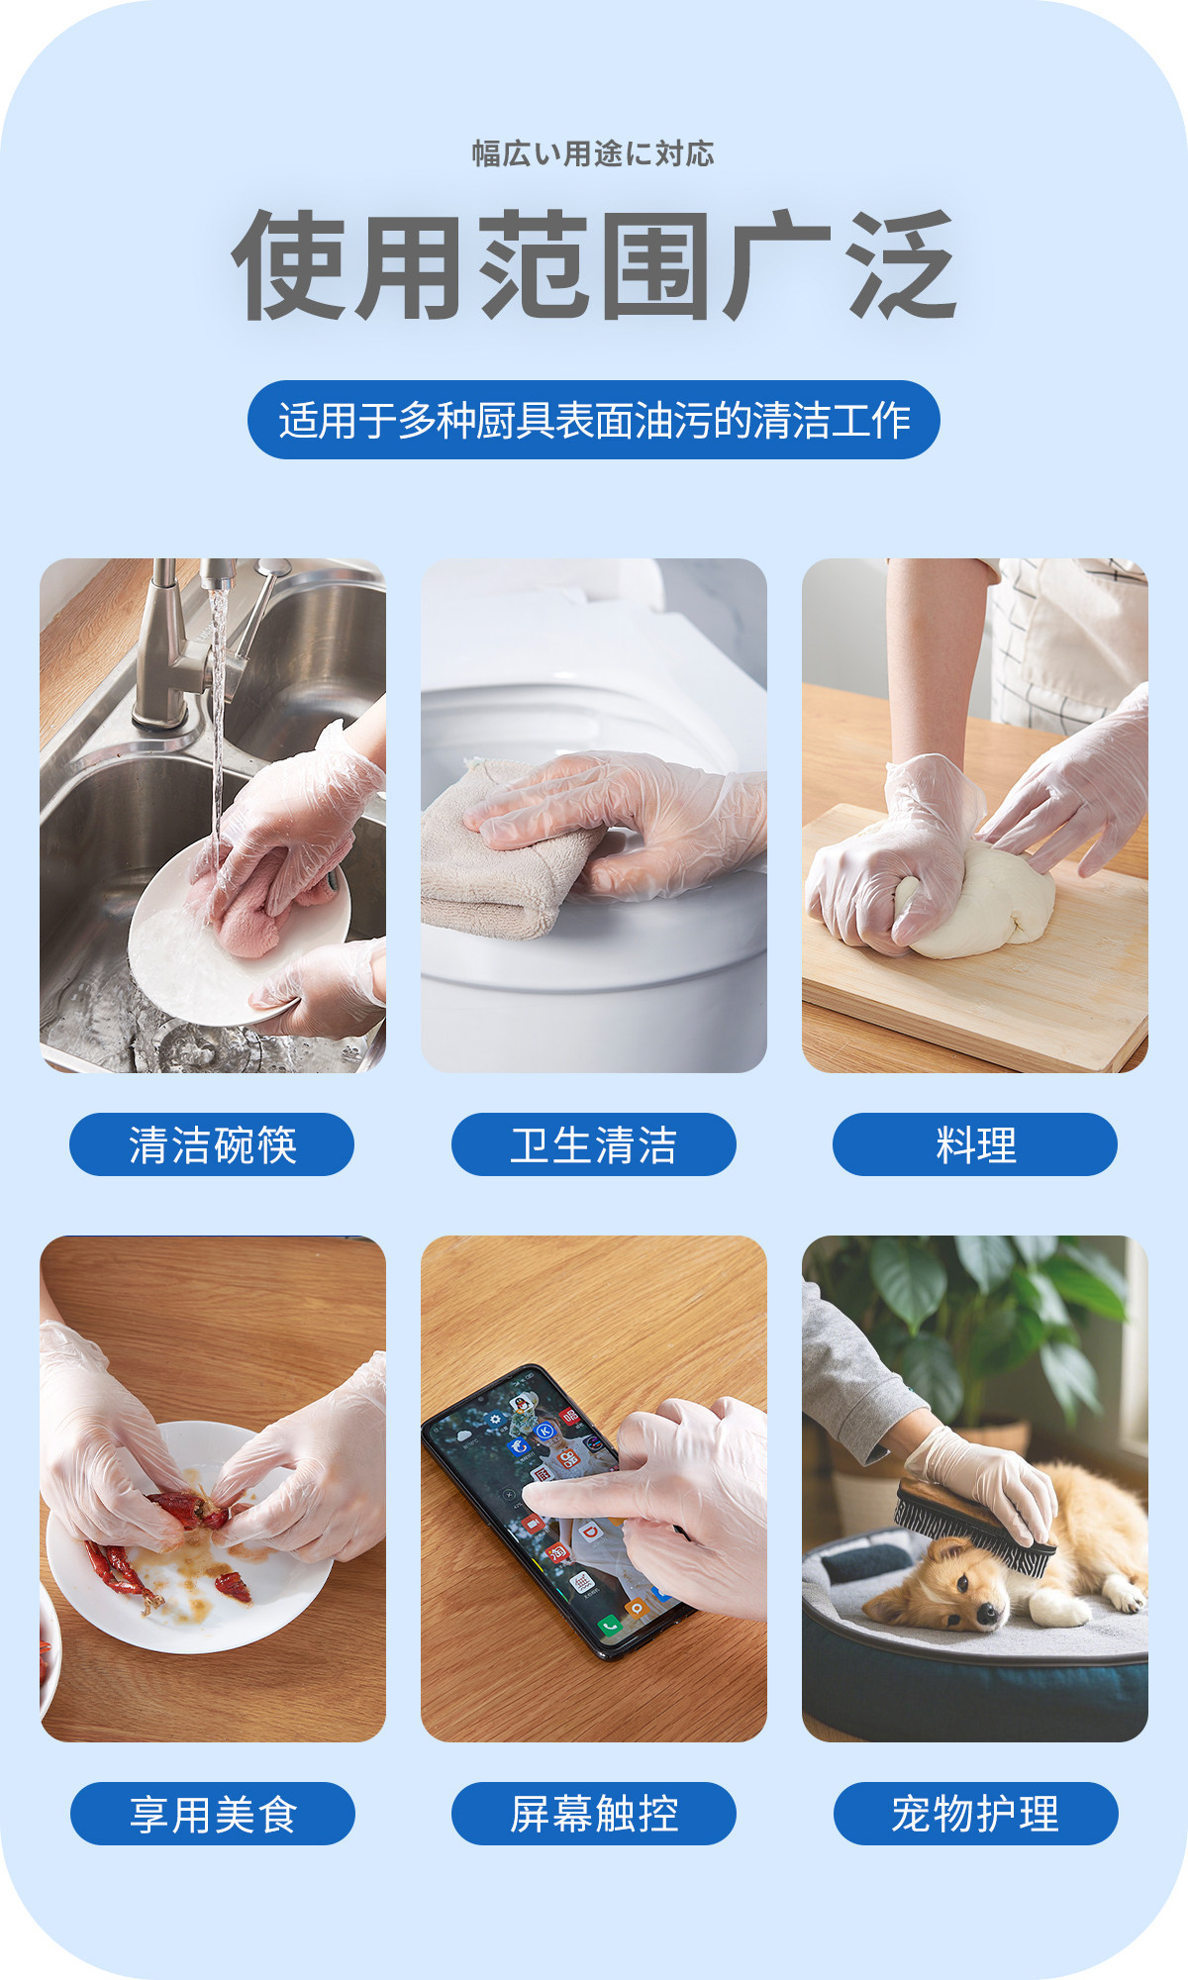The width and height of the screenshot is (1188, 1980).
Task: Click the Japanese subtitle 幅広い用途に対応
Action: [x=593, y=153]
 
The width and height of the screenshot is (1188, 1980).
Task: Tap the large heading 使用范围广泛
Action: [x=594, y=265]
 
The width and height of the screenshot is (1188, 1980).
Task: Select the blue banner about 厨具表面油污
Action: [x=594, y=420]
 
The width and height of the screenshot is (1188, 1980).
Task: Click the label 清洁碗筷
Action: [x=212, y=1144]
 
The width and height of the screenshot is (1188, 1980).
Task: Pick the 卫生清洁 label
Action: [x=594, y=1144]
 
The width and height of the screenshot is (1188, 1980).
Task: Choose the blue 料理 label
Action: [x=975, y=1144]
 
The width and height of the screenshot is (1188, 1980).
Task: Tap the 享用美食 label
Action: [x=212, y=1814]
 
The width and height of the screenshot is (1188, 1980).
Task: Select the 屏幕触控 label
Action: [x=594, y=1814]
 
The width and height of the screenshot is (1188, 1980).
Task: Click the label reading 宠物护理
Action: [x=975, y=1814]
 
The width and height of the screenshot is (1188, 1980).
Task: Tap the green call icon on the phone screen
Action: [x=610, y=1625]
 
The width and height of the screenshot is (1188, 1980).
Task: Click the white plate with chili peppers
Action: [x=188, y=1539]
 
